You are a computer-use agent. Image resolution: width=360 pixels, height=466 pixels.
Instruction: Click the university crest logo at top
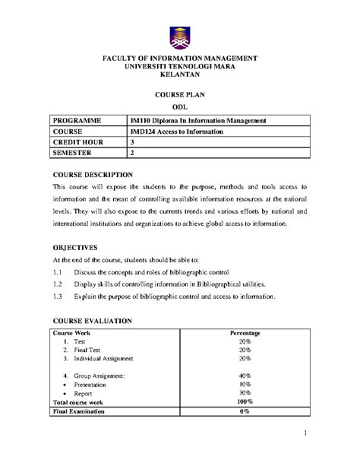click(180, 36)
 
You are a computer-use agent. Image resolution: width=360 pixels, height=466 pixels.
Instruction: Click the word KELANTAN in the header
click(180, 76)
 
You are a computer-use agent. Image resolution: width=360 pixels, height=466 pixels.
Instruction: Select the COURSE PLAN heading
click(180, 96)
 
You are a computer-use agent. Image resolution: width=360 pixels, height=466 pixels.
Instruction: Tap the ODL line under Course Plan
click(180, 108)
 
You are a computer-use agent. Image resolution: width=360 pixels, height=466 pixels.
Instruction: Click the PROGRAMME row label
click(79, 121)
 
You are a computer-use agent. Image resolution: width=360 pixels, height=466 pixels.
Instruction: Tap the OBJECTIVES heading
click(75, 247)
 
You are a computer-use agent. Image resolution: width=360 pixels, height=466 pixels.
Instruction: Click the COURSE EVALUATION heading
click(93, 321)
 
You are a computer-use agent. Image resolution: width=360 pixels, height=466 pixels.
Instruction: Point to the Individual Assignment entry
click(103, 358)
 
